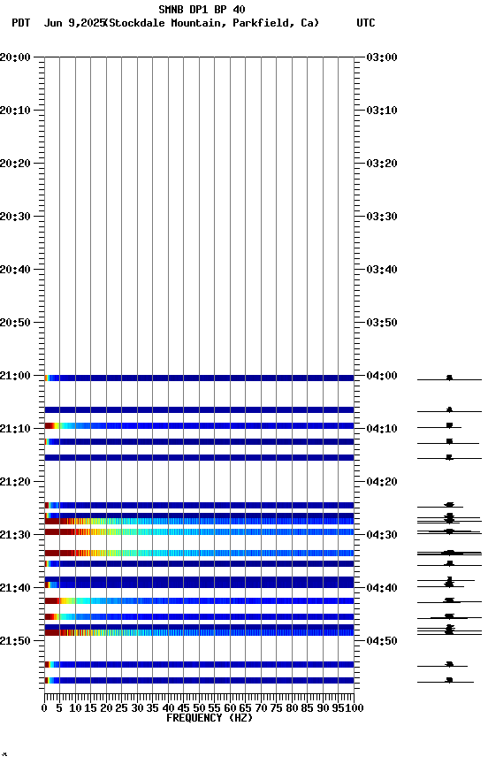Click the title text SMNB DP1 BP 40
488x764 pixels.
(202, 10)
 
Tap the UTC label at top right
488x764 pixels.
(365, 23)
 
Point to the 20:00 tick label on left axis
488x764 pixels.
(15, 57)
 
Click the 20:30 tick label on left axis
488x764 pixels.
(15, 217)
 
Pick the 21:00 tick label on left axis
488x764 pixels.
(15, 376)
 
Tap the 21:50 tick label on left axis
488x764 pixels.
(15, 640)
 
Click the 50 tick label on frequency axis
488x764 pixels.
(199, 708)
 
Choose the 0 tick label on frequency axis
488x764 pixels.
(44, 708)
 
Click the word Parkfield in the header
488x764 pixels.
(262, 23)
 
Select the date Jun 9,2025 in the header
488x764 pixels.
(73, 23)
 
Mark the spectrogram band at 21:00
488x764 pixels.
(199, 378)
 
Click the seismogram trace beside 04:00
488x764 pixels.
(449, 378)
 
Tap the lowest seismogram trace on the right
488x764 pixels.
(449, 681)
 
